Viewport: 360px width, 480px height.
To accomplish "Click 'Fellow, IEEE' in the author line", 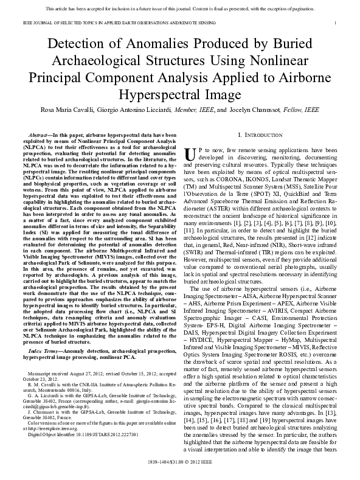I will [302, 110].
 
